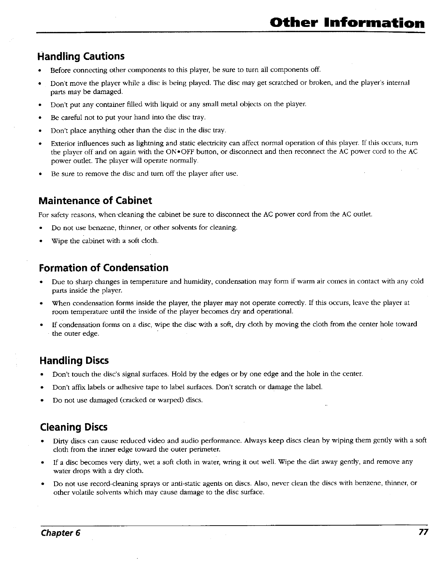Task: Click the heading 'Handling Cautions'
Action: point(81,57)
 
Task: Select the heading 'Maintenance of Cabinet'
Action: point(95,200)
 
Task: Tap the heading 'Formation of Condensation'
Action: point(103,268)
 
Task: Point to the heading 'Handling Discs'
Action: point(74,360)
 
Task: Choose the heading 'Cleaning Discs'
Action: point(73,427)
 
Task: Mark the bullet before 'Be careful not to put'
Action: point(42,117)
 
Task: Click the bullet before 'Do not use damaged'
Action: point(42,400)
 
